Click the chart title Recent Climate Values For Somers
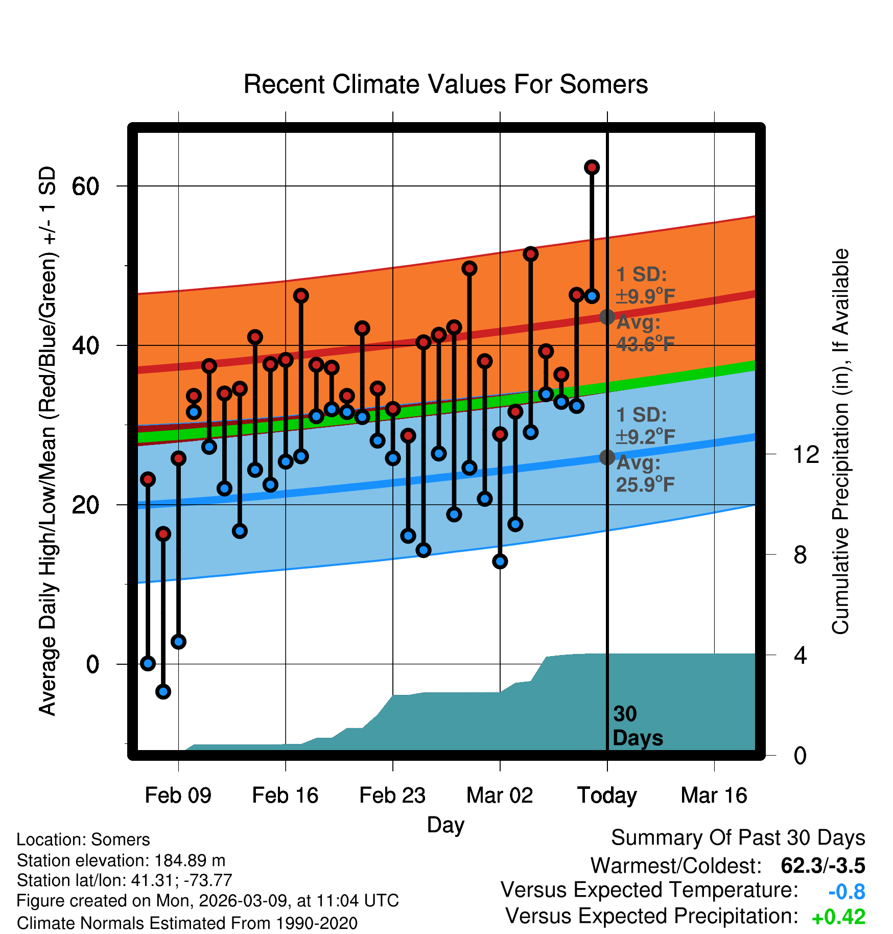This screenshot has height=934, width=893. tap(445, 84)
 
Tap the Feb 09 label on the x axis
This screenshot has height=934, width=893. tap(178, 796)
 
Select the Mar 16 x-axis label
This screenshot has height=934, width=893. tap(714, 796)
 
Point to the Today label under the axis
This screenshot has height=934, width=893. tap(607, 796)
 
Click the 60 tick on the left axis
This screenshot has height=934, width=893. tap(85, 186)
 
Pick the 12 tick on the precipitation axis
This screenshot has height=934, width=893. tap(806, 454)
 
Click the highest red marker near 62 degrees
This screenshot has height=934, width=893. tap(592, 167)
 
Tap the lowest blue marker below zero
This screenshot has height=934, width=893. tap(163, 691)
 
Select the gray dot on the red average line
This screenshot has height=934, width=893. tap(607, 317)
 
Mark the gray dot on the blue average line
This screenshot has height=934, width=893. tap(607, 457)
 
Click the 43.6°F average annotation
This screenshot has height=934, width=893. tap(645, 344)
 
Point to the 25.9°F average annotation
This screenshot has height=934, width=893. tap(645, 484)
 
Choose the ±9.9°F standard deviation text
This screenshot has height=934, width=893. tap(645, 296)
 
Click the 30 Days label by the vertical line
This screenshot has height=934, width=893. tap(637, 726)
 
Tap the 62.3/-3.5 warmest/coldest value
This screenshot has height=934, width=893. tap(823, 866)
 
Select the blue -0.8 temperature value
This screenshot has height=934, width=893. tap(847, 892)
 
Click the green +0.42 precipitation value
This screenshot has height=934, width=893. tap(838, 917)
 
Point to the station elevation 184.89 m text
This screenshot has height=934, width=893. tap(121, 860)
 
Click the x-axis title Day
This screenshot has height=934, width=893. tap(445, 824)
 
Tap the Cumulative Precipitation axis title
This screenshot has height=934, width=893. tap(840, 441)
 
